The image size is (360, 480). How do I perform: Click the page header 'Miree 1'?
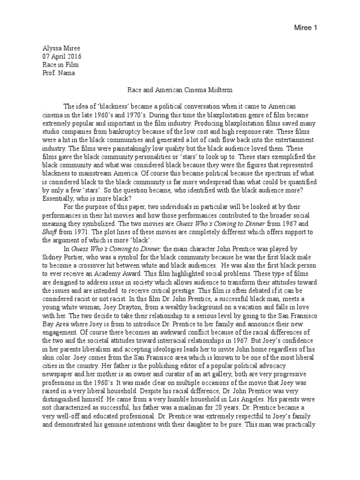pos(307,28)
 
